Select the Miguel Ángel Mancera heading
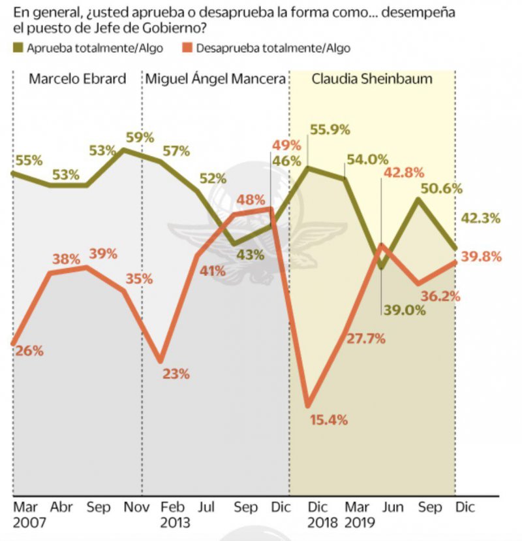coord(215,80)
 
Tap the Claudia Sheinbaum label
coord(372,80)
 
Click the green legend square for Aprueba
coord(18,48)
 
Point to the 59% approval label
coord(140,137)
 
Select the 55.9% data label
coord(332,148)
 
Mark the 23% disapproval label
coord(176,374)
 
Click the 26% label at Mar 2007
coord(29,350)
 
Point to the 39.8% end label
coord(482,257)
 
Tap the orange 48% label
coord(251,199)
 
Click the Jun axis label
coord(388,507)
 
